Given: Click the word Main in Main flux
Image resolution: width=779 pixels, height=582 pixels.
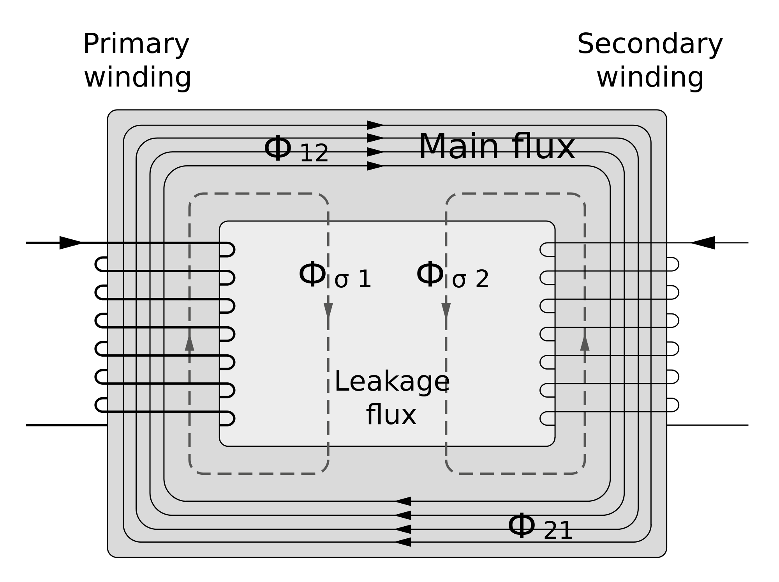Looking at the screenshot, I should pyautogui.click(x=458, y=147).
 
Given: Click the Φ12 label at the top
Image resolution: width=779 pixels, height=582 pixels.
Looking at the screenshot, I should pyautogui.click(x=296, y=149).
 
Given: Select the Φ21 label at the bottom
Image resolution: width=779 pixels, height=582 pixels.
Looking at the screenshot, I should pyautogui.click(x=540, y=527).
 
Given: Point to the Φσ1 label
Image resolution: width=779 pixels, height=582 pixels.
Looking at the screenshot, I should pyautogui.click(x=335, y=276).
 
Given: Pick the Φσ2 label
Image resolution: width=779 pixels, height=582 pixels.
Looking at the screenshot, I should pyautogui.click(x=452, y=276).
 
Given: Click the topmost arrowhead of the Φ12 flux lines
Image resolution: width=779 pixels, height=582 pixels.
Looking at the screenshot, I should pyautogui.click(x=375, y=125).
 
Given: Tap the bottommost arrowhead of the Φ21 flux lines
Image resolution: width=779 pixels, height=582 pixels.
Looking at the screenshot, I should pyautogui.click(x=403, y=542).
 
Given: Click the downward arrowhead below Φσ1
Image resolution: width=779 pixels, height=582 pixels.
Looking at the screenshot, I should pyautogui.click(x=328, y=311).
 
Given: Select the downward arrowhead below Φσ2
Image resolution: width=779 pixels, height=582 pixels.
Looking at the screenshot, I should pyautogui.click(x=446, y=311).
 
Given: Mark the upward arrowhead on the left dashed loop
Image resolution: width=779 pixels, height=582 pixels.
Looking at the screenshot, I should pyautogui.click(x=190, y=343).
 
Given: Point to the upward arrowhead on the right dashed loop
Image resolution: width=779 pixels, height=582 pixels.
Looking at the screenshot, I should pyautogui.click(x=585, y=343).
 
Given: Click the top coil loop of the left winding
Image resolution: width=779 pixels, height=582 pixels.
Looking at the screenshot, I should pyautogui.click(x=228, y=249).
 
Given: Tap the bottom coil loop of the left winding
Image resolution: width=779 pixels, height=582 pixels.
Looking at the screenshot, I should pyautogui.click(x=228, y=418).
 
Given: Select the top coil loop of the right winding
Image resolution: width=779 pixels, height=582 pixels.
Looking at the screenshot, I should pyautogui.click(x=546, y=249).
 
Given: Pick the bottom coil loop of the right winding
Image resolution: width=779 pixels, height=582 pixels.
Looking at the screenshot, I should pyautogui.click(x=546, y=418).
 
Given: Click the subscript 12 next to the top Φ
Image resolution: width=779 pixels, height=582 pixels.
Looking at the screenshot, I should pyautogui.click(x=314, y=154).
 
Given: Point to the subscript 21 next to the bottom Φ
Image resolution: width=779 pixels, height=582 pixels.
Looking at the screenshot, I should pyautogui.click(x=558, y=531).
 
